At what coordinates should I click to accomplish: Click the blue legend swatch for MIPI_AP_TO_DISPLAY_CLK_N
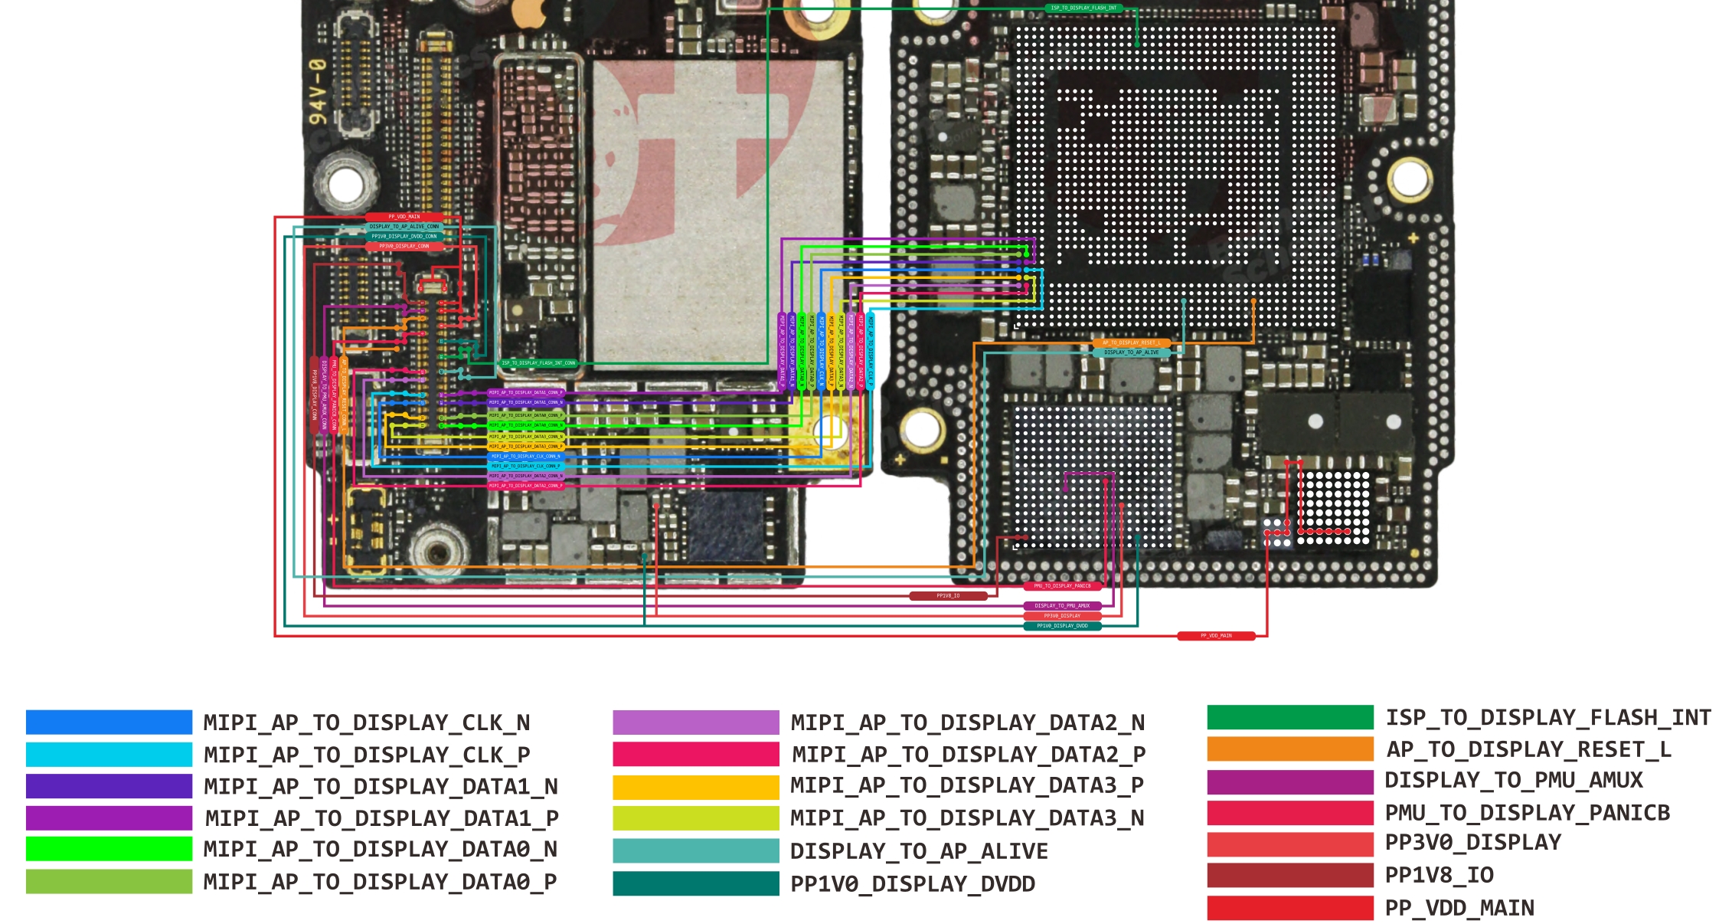109,722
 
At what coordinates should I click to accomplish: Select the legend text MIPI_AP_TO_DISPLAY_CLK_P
367,755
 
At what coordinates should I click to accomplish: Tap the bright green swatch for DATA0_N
109,849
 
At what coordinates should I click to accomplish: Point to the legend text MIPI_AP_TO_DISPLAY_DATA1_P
381,818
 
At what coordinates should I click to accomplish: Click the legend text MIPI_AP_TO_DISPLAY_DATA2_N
967,722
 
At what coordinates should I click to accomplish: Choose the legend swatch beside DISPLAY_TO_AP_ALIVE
695,851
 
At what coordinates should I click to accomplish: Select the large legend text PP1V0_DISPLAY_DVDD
912,884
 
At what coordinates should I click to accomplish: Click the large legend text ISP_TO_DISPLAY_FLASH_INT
1548,717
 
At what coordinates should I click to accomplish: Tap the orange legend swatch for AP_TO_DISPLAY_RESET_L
1289,749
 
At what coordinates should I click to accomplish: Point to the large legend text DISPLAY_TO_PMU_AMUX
1514,780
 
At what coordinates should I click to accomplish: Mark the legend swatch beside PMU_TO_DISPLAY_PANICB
1289,812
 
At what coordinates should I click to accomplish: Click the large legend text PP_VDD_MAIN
1459,908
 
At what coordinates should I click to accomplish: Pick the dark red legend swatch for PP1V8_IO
1289,875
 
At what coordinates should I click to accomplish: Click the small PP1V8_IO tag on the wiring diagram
948,595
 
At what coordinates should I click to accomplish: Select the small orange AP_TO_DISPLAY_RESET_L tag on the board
1131,342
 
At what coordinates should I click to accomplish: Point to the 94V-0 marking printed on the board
317,92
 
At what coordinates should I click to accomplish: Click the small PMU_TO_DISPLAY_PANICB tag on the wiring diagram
1062,586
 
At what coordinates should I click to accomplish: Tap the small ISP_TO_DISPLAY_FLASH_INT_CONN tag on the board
538,363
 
